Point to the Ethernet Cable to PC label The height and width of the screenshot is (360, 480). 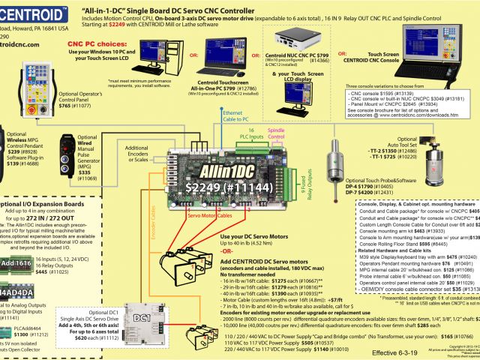point(236,115)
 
